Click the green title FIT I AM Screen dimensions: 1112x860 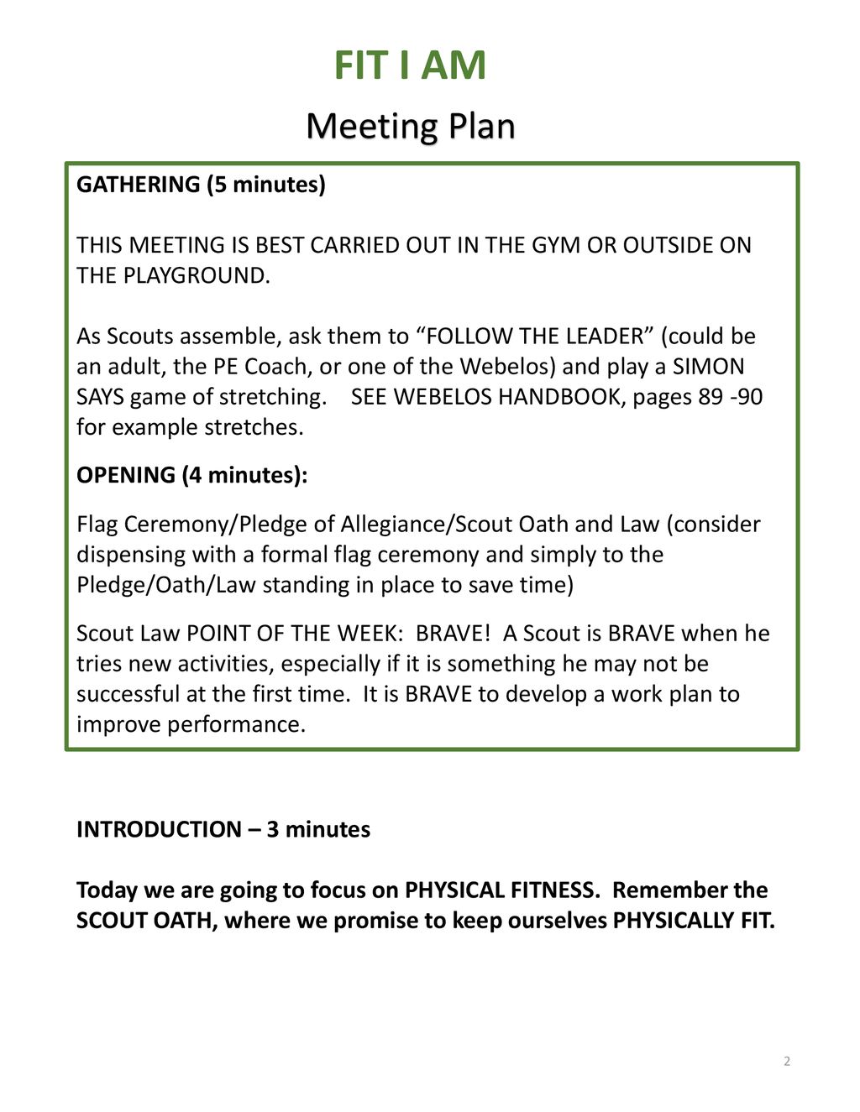[410, 65]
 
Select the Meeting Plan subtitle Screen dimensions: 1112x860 [410, 127]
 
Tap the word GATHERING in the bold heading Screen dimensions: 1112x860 [139, 185]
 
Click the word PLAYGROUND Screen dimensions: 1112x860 [195, 275]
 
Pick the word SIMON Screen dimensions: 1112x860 [708, 367]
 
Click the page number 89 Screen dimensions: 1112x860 [711, 397]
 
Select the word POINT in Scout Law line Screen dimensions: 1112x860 [220, 634]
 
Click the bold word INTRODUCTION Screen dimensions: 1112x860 [159, 829]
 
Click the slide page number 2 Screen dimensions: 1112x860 [787, 1062]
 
